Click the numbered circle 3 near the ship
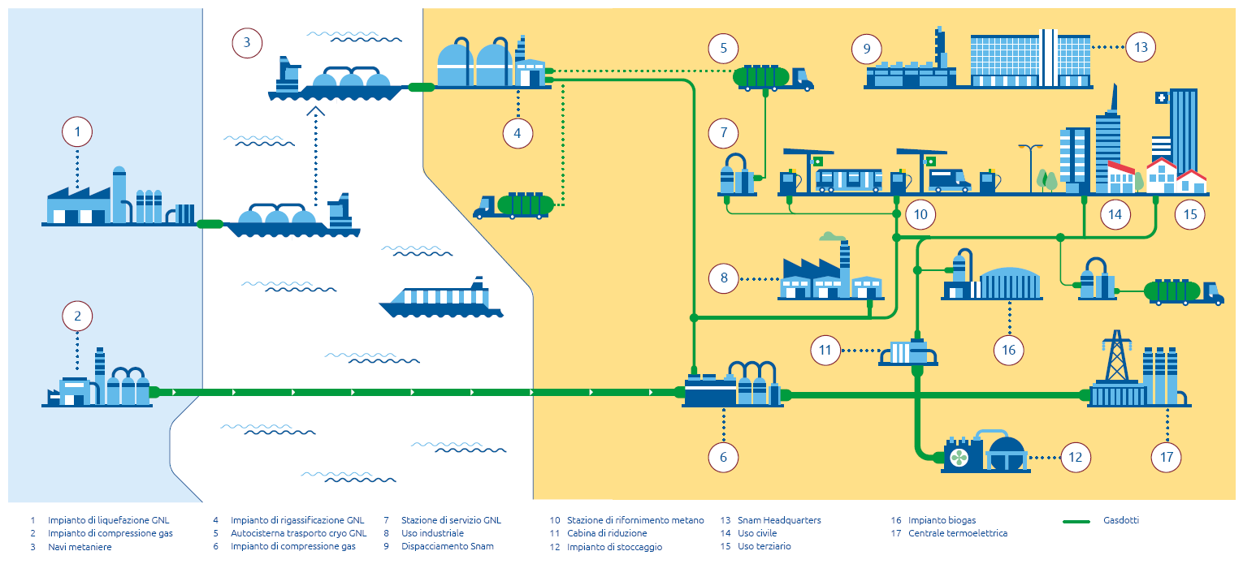247,43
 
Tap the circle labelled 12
1076,457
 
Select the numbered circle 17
1167,457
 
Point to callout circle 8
724,278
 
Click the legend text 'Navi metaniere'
80,547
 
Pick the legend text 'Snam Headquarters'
779,520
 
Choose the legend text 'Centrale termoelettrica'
958,533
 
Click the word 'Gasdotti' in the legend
1121,520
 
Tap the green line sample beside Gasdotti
1076,521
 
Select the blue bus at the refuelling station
848,180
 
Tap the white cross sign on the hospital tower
1161,98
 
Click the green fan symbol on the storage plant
959,458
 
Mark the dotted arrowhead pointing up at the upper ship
316,111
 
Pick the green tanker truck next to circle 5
773,78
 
